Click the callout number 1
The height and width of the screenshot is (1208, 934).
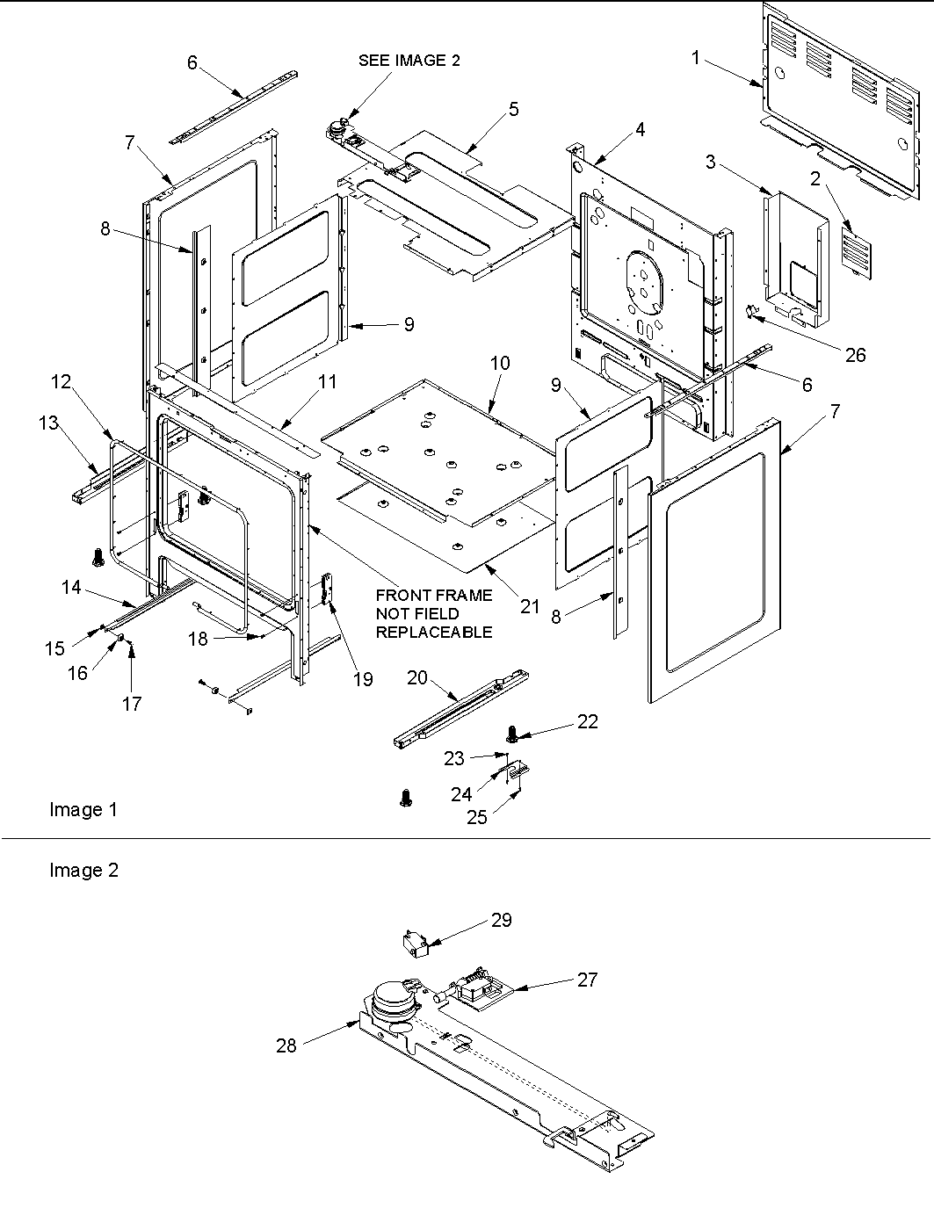coord(696,58)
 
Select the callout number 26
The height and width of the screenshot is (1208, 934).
coord(854,354)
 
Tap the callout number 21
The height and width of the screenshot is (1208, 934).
coord(529,607)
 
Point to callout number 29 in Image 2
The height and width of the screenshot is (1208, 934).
coord(501,920)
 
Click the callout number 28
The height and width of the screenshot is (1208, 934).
coord(286,1045)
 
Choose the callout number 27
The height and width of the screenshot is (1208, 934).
coord(587,980)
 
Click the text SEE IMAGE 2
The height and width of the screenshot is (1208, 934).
coord(409,61)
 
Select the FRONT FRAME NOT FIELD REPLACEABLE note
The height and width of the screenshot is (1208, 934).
coord(433,613)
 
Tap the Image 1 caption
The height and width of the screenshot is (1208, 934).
coord(83,809)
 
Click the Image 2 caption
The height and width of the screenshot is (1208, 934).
coord(83,870)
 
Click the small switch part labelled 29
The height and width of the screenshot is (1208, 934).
coord(411,944)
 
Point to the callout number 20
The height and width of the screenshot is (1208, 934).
coord(417,676)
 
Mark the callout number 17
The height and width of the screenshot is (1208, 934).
coord(132,704)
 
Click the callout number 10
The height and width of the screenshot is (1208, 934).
coord(500,363)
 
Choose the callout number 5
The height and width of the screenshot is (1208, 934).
coord(513,109)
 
